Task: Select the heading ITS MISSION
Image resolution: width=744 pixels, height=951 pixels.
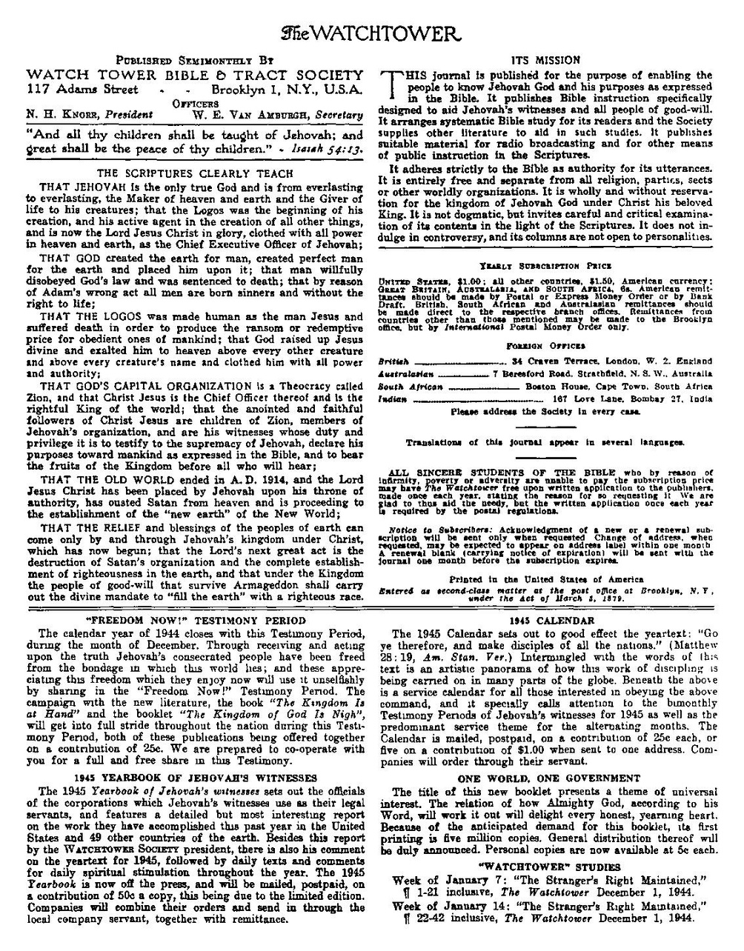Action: pyautogui.click(x=545, y=60)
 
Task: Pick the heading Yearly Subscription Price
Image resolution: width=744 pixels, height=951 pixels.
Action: pyautogui.click(x=545, y=264)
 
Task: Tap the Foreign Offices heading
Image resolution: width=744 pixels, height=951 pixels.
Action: pyautogui.click(x=545, y=345)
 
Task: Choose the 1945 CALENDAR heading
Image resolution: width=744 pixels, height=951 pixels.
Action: pyautogui.click(x=545, y=620)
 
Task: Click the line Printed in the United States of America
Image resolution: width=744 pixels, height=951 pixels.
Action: pyautogui.click(x=545, y=579)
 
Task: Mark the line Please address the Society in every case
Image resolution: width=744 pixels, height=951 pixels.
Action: pyautogui.click(x=545, y=410)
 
